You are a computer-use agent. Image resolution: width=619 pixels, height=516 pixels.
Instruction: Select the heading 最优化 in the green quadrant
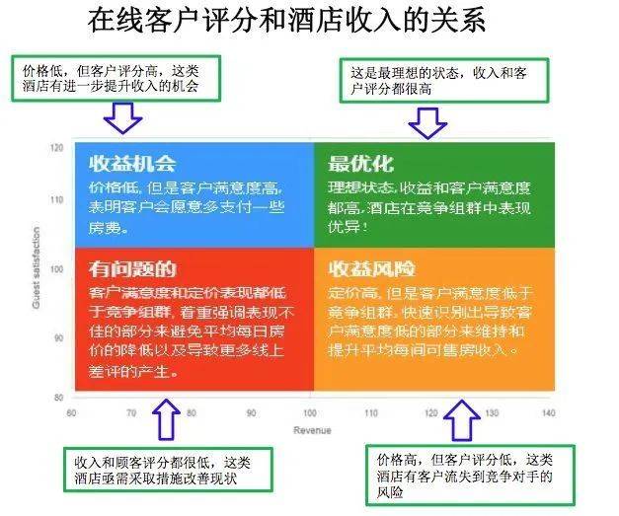click(360, 163)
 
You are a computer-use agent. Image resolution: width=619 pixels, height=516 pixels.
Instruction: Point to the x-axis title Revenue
click(311, 430)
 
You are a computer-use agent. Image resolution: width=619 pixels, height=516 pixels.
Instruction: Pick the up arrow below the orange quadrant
click(460, 421)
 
